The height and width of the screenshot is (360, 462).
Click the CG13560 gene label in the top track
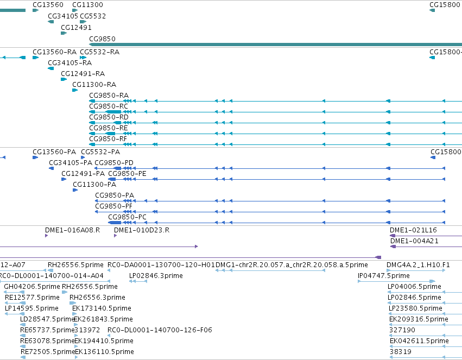48,5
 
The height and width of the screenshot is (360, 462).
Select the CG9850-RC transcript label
109,106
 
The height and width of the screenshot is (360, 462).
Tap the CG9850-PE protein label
127,174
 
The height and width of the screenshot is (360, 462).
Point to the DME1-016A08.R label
73,230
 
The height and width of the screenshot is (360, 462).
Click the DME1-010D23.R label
142,230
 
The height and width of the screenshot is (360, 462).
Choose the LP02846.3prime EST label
156,276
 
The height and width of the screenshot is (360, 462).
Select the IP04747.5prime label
384,276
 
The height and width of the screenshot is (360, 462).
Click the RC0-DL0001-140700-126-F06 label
160,330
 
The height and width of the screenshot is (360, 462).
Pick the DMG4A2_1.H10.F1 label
418,265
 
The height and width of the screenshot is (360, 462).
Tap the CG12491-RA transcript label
83,74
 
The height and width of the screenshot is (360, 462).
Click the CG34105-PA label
71,162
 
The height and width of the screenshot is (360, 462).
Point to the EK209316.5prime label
419,319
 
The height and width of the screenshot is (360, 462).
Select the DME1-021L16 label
413,230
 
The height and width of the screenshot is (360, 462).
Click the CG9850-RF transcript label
108,139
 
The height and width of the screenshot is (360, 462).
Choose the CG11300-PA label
94,185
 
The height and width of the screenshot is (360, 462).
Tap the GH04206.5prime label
32,287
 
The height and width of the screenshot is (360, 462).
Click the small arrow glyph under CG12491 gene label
64,33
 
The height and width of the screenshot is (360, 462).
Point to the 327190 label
402,330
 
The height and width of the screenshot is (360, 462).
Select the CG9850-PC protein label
127,217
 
